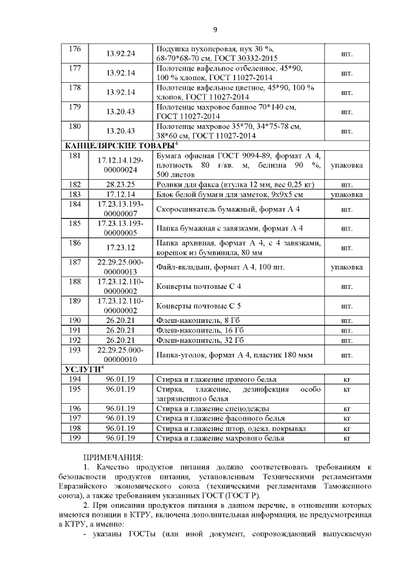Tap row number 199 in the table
pyautogui.click(x=74, y=438)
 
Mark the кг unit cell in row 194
pyautogui.click(x=347, y=380)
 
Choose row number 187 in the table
pyautogui.click(x=74, y=263)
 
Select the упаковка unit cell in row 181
pyautogui.click(x=347, y=166)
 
